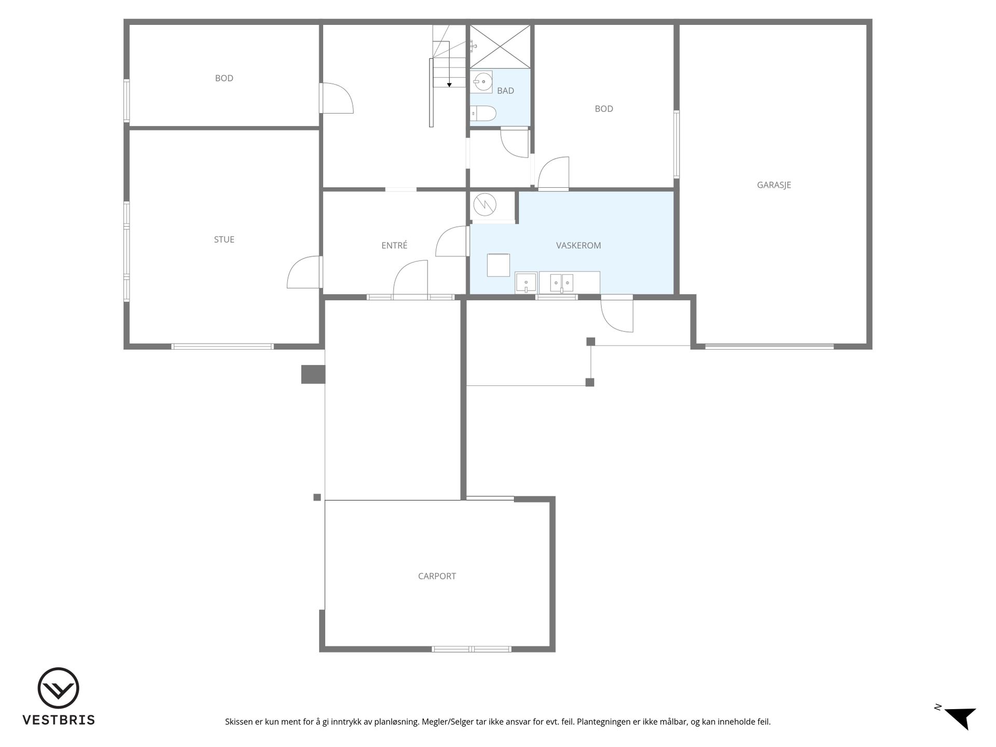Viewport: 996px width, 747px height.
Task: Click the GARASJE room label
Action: click(773, 185)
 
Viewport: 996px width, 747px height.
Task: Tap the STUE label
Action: click(224, 239)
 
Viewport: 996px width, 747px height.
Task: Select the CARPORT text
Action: click(437, 576)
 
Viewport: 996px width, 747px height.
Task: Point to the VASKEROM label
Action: click(578, 245)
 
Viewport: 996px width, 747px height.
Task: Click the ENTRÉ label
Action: click(394, 245)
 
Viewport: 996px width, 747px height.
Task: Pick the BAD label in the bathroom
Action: click(505, 91)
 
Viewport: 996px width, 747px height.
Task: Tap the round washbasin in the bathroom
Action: click(483, 81)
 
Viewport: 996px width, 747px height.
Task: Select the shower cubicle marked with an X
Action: click(500, 46)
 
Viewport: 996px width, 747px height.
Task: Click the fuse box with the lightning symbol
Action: click(484, 204)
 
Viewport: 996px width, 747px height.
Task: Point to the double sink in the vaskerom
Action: click(562, 283)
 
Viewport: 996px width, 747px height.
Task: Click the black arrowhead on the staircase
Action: click(449, 85)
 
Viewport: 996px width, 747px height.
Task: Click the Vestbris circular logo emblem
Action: click(58, 688)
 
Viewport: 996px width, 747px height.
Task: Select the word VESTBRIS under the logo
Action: click(59, 720)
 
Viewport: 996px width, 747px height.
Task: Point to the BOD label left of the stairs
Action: click(224, 78)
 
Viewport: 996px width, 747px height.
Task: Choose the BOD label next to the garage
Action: click(604, 109)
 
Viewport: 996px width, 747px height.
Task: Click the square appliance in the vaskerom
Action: click(498, 265)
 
